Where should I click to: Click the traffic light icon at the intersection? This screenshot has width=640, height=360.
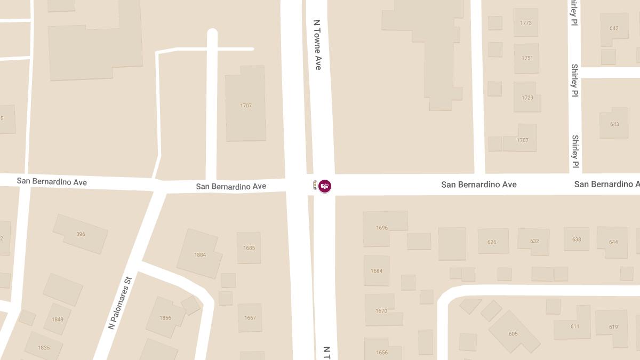click(x=315, y=186)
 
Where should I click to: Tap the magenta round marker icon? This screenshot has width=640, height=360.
click(x=325, y=186)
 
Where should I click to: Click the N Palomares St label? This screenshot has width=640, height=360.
click(x=120, y=302)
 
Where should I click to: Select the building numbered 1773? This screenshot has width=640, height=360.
click(x=526, y=23)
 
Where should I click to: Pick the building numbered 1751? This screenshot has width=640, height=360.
click(x=527, y=58)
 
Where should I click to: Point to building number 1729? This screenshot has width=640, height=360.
click(x=527, y=98)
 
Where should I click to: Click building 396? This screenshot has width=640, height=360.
click(x=81, y=234)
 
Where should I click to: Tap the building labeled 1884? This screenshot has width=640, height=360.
click(x=200, y=254)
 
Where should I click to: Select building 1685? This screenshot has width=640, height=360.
click(x=249, y=248)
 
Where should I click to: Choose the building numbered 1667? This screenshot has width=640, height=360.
click(x=250, y=318)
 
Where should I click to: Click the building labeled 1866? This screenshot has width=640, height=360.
click(x=165, y=317)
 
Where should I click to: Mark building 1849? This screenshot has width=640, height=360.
click(x=58, y=319)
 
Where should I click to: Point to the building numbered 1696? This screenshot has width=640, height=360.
click(x=382, y=228)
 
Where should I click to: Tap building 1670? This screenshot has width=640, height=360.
click(x=381, y=310)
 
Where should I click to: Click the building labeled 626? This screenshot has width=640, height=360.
click(x=492, y=242)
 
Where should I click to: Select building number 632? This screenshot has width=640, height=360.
click(x=534, y=241)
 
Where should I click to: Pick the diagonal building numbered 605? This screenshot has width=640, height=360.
click(x=513, y=333)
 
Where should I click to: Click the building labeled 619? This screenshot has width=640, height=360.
click(x=613, y=327)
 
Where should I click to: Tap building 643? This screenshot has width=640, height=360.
click(x=614, y=124)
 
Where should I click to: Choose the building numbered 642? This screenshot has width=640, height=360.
click(x=614, y=28)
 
